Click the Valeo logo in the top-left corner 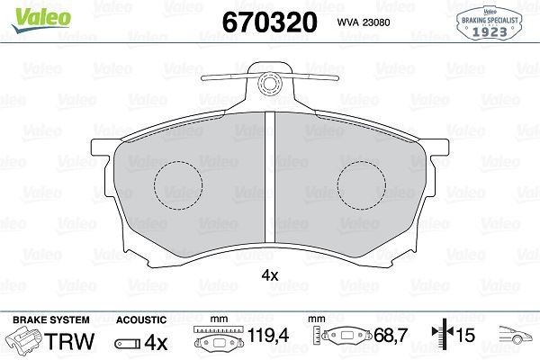tap(41, 20)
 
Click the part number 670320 tap(270, 22)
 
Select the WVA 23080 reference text tap(364, 22)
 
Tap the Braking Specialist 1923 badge tap(490, 23)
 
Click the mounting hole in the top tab tap(270, 84)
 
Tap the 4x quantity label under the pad tap(270, 275)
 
